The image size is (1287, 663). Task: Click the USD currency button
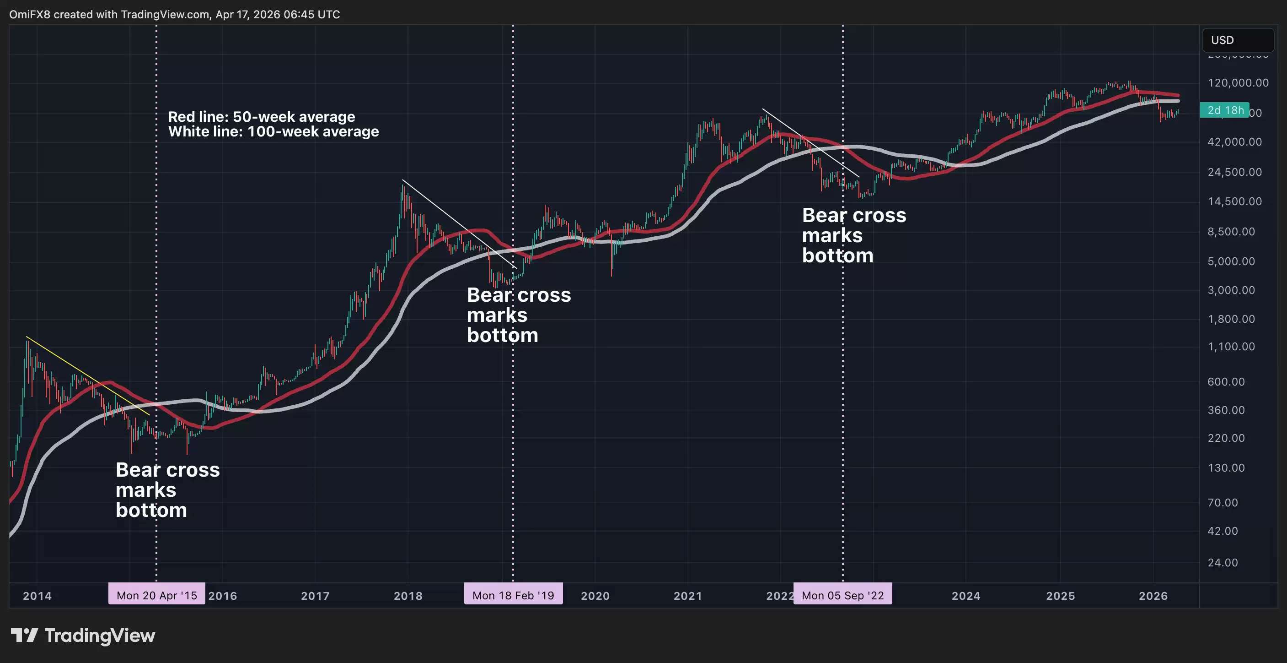1238,40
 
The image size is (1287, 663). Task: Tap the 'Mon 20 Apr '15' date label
156,595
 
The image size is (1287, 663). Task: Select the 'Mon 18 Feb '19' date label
513,595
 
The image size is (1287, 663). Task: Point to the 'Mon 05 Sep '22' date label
842,595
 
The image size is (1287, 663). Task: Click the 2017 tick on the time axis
315,596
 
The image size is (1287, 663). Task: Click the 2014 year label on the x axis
37,596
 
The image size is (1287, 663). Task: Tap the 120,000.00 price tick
1238,82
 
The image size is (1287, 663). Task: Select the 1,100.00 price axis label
1231,347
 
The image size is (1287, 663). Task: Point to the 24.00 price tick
1223,563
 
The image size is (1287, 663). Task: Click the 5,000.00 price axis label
1231,261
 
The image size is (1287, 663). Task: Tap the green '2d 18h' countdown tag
1224,110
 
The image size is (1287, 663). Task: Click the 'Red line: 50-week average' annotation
261,116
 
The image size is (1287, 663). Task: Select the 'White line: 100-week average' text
273,131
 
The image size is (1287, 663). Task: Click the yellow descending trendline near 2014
87,375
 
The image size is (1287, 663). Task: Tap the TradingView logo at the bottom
83,636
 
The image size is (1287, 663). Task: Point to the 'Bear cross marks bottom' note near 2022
853,235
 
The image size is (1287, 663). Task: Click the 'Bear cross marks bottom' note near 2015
167,489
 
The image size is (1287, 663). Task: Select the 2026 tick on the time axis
1153,596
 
